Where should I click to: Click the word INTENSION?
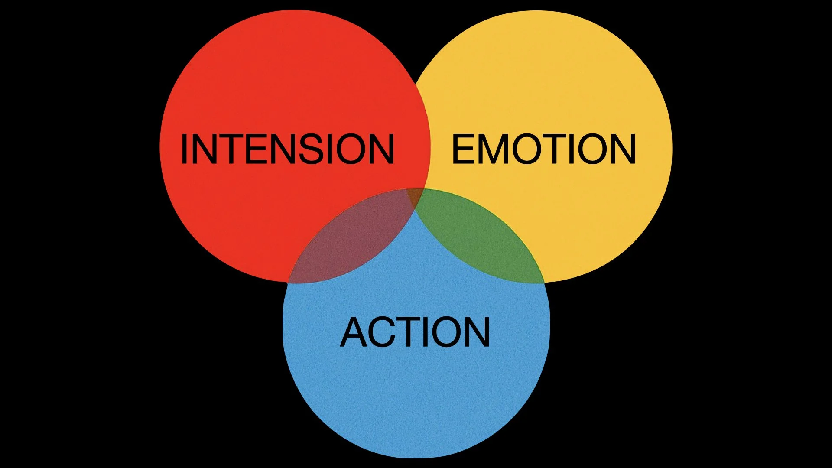287,149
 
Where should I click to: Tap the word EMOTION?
544,149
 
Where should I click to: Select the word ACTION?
415,332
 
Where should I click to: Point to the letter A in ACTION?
354,332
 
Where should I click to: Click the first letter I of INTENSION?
184,149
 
